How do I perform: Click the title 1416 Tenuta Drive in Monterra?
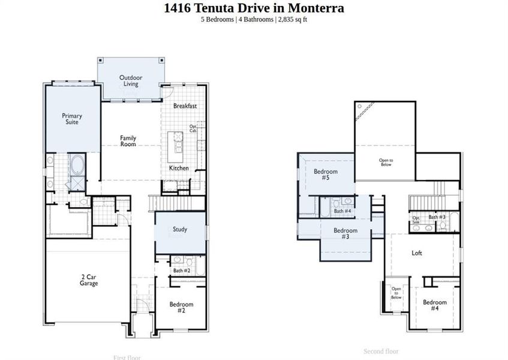click(254, 8)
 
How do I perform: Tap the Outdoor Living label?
click(131, 80)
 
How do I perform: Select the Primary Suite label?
click(72, 119)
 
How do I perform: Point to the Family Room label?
click(128, 141)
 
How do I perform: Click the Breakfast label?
click(185, 106)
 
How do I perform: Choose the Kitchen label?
click(179, 168)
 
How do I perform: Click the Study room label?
click(180, 229)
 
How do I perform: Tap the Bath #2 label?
click(182, 271)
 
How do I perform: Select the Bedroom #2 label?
click(181, 307)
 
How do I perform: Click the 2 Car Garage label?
click(89, 280)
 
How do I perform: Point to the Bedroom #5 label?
click(326, 175)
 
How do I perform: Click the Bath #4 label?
click(342, 211)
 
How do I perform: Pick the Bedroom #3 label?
click(345, 233)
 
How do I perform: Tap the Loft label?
click(417, 253)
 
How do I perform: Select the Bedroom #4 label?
click(434, 305)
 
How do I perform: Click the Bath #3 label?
click(437, 217)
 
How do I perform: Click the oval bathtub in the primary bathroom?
click(77, 163)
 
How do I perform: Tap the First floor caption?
click(127, 358)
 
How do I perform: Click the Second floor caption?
click(381, 351)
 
